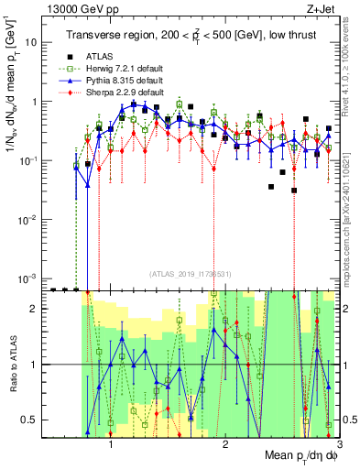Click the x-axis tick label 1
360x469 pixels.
tap(111, 444)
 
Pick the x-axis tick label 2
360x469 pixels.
tap(225, 444)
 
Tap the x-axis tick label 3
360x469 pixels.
tap(339, 444)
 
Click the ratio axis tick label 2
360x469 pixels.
tap(34, 309)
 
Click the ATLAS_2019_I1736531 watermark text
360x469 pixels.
tap(192, 273)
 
